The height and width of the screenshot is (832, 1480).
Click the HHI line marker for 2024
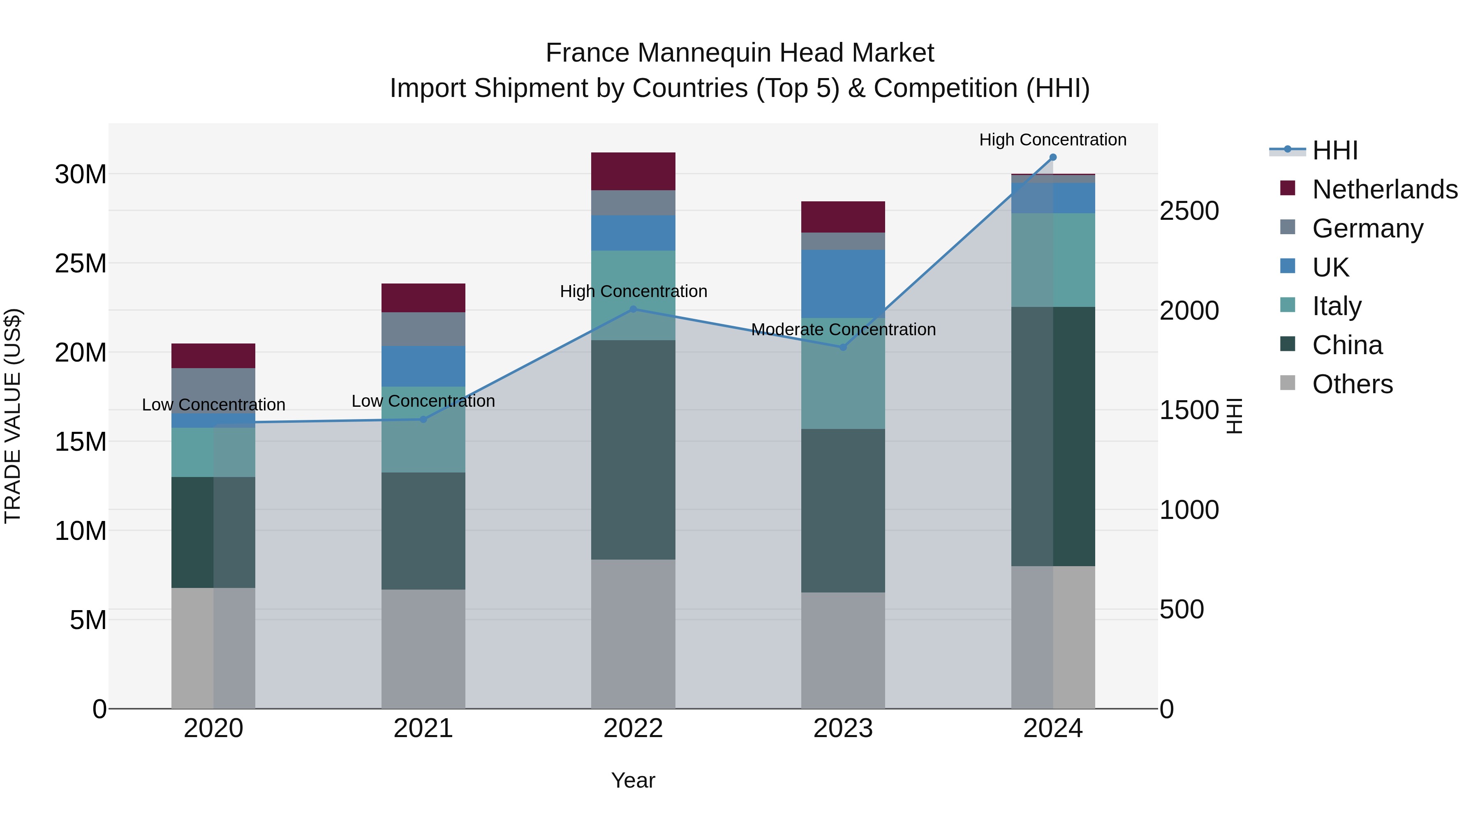[1052, 157]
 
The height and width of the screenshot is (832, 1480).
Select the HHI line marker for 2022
[633, 309]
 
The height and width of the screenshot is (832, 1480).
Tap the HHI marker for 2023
[843, 347]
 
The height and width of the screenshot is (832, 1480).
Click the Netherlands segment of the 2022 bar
[633, 171]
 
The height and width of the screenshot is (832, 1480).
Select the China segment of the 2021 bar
[423, 531]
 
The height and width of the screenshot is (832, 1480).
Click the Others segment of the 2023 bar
[843, 650]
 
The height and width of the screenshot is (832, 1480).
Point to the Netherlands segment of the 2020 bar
[213, 355]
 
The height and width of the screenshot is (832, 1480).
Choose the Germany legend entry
[1367, 228]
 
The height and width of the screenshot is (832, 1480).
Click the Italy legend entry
[1337, 306]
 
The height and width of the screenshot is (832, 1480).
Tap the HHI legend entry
[1334, 150]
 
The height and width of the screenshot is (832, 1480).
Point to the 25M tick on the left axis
[81, 263]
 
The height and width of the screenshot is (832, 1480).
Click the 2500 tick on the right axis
[1189, 211]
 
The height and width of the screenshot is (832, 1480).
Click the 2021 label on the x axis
[423, 728]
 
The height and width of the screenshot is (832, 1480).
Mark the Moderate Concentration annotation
[843, 330]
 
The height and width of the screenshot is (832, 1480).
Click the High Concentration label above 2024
[1052, 140]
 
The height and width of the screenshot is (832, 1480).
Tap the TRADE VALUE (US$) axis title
[13, 416]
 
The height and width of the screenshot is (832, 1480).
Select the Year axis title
[633, 780]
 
